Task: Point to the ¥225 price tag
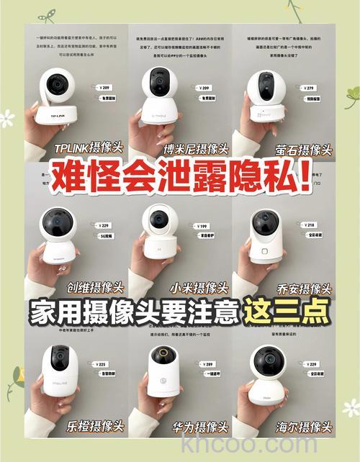(x=101, y=364)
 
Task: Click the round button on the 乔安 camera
(x=265, y=251)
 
